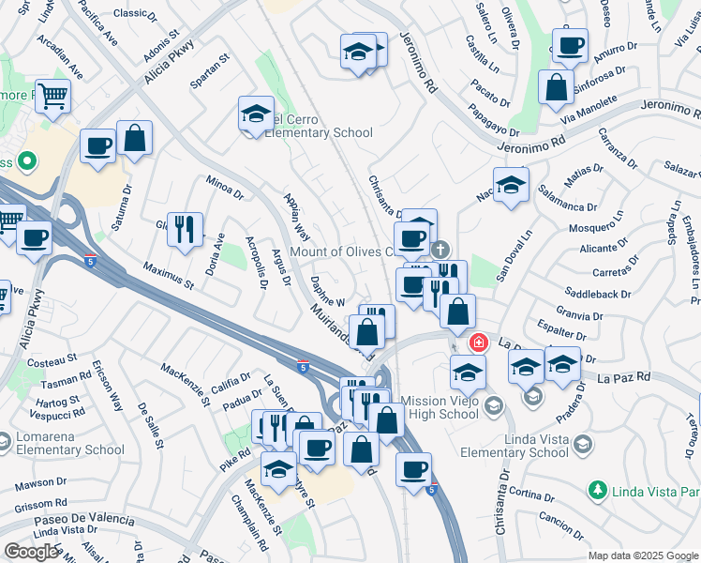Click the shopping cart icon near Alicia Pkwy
click(53, 96)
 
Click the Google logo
click(30, 552)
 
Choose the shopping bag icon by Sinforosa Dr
click(556, 86)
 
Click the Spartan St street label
click(210, 70)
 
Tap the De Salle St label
click(151, 424)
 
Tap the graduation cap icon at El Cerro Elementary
click(255, 114)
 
